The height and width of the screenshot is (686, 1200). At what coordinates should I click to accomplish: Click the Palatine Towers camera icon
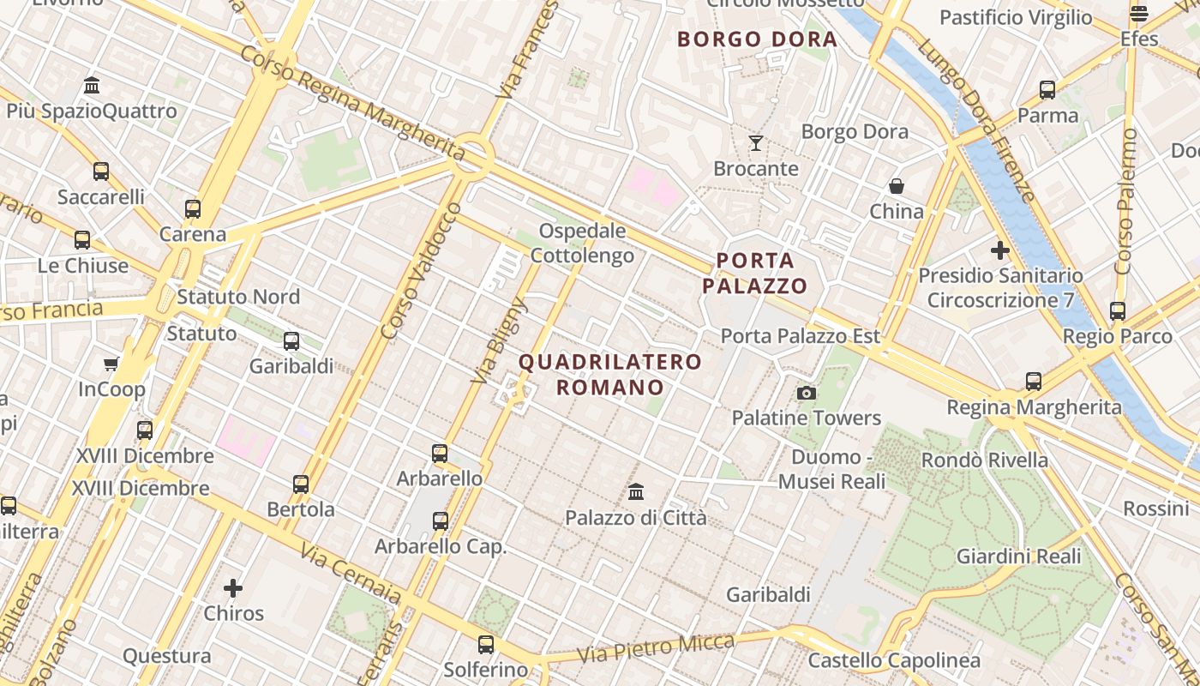(806, 393)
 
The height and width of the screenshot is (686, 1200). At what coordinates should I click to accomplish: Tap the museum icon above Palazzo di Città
(636, 492)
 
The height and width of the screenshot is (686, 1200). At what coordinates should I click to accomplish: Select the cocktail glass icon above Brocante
(755, 142)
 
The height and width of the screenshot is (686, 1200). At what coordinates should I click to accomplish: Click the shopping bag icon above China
(897, 186)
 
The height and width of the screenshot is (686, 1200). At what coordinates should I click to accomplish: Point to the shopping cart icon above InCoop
(111, 364)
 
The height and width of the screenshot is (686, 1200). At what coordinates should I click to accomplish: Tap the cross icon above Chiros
(233, 588)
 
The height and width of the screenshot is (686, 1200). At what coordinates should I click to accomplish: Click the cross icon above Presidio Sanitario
(999, 250)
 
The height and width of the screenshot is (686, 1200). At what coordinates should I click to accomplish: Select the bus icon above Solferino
(486, 644)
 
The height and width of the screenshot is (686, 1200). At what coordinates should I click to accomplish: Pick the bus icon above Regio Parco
(1117, 311)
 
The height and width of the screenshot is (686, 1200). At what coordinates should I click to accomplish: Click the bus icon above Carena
(193, 208)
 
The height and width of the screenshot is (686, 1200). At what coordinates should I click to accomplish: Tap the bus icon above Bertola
(301, 484)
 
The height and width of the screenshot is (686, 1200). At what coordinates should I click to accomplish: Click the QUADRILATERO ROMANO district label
(610, 375)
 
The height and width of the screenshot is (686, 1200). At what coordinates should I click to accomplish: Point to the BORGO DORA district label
(757, 39)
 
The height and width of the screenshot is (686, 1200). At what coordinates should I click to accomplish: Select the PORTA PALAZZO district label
(755, 274)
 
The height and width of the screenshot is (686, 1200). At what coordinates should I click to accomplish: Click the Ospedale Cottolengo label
(583, 244)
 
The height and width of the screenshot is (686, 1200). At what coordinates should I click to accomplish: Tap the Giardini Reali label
(1019, 557)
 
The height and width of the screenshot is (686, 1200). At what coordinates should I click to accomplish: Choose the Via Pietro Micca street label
(656, 648)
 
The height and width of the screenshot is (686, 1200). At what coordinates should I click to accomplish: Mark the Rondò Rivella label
(985, 460)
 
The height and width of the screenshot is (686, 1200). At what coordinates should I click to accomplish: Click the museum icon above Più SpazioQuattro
(92, 85)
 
